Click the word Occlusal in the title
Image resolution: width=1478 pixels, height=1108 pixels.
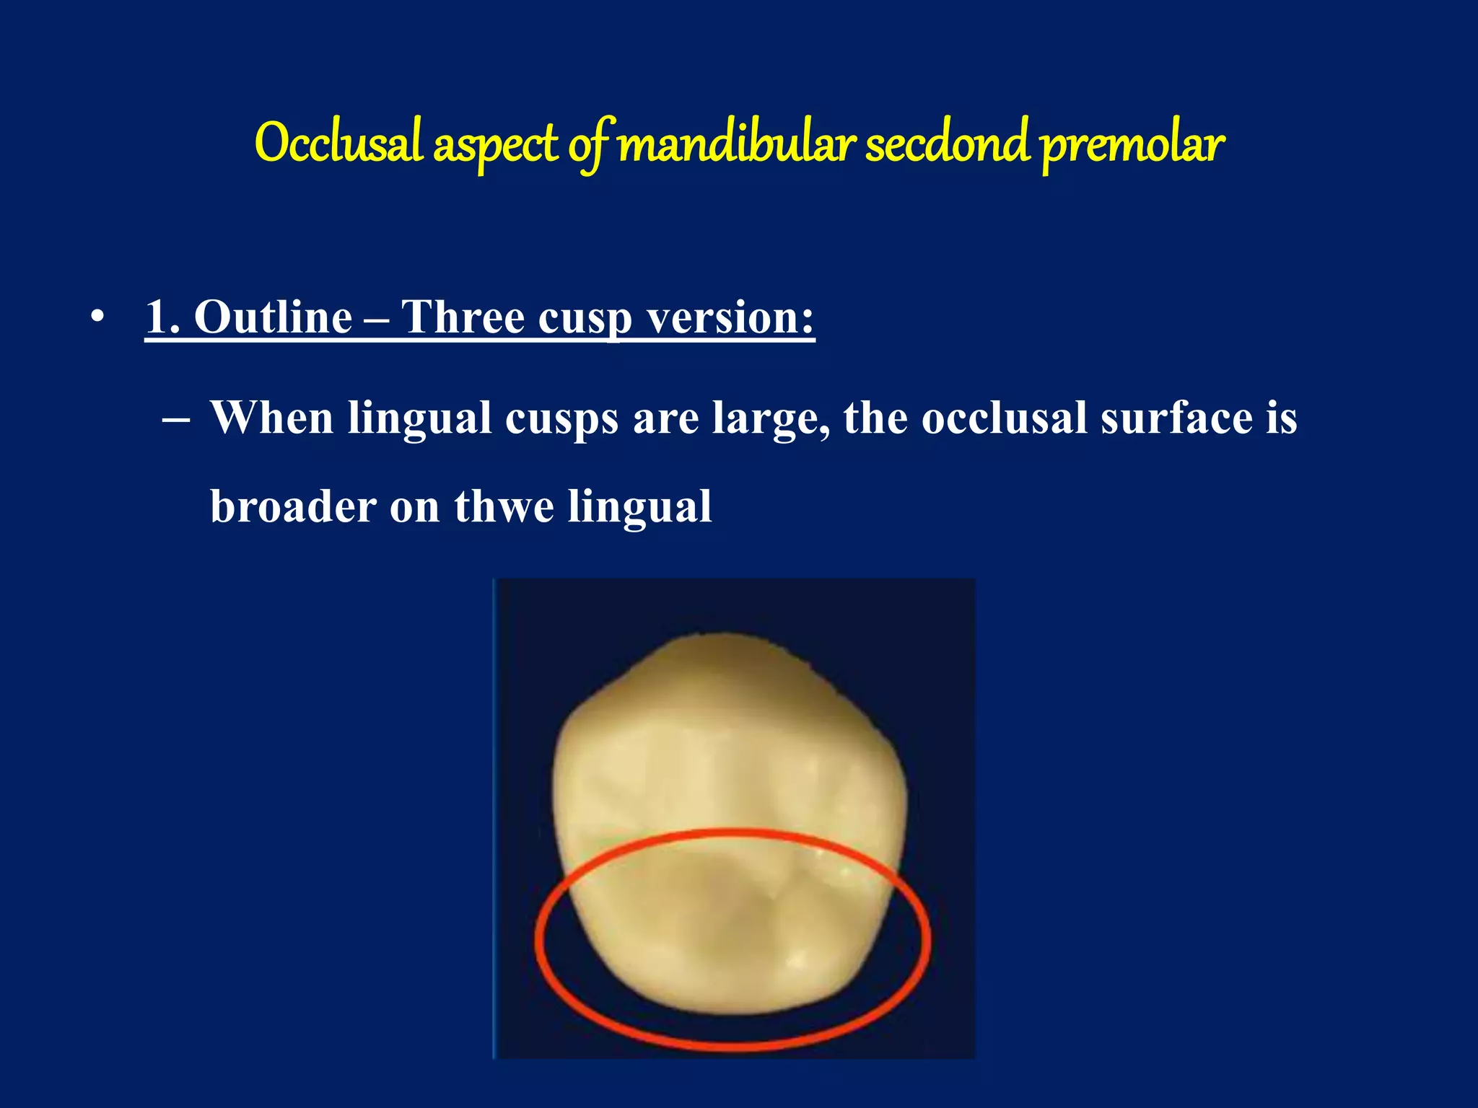(x=338, y=143)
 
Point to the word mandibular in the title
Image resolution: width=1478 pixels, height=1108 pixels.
(x=736, y=143)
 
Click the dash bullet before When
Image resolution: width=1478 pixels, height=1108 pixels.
(x=176, y=418)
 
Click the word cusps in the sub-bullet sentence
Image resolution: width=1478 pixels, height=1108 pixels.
(x=561, y=418)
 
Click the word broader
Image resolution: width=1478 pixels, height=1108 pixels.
(x=293, y=506)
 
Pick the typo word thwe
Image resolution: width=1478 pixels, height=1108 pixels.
(x=504, y=506)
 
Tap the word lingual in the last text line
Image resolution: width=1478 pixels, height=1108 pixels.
(x=639, y=507)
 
